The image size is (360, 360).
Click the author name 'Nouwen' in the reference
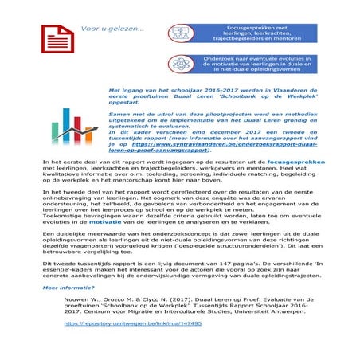coord(77,303)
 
